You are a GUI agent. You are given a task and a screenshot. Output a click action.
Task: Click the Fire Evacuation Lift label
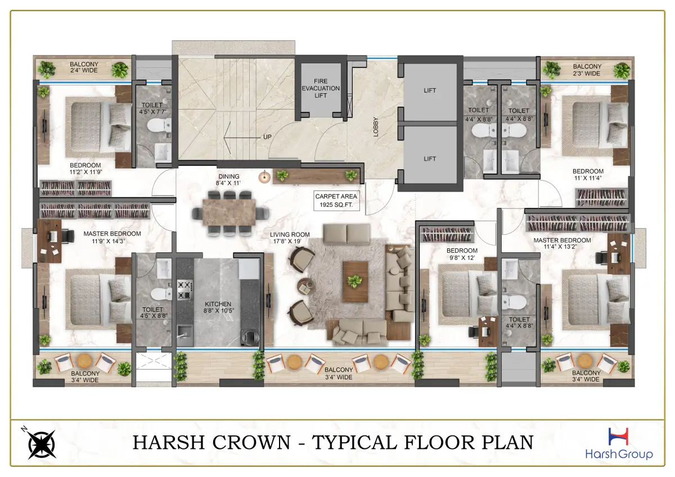pyautogui.click(x=320, y=88)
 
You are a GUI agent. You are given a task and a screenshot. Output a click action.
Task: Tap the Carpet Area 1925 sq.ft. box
pyautogui.click(x=336, y=201)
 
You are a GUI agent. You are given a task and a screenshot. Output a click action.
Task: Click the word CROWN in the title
pyautogui.click(x=256, y=442)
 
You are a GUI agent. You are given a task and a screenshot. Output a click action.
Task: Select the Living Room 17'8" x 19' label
pyautogui.click(x=289, y=238)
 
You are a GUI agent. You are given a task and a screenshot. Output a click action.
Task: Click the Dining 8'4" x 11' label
pyautogui.click(x=228, y=180)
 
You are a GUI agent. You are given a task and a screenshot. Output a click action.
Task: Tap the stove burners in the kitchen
pyautogui.click(x=184, y=289)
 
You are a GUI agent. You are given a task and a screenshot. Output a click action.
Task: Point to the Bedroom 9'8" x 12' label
pyautogui.click(x=462, y=254)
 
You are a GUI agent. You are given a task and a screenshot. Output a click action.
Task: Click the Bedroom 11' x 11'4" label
pyautogui.click(x=588, y=175)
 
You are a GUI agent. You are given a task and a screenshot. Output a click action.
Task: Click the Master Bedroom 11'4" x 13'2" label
pyautogui.click(x=562, y=243)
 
